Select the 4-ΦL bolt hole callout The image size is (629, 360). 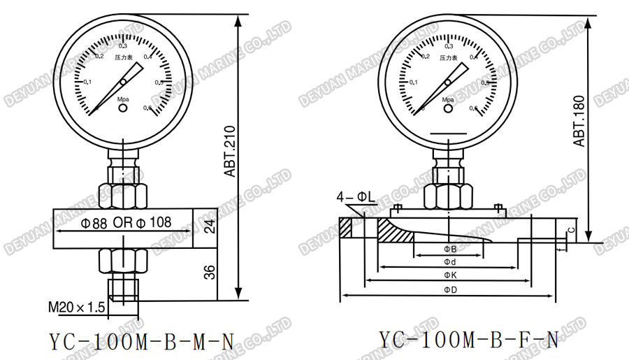click(354, 198)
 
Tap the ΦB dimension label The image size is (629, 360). click(451, 249)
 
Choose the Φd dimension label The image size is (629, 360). click(451, 261)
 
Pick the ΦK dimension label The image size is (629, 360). click(451, 275)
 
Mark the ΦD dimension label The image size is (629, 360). click(451, 289)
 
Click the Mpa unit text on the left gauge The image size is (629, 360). click(123, 100)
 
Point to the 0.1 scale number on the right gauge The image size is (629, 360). click(413, 82)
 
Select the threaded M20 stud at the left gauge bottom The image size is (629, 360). click(123, 288)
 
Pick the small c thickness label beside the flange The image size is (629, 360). click(570, 229)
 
